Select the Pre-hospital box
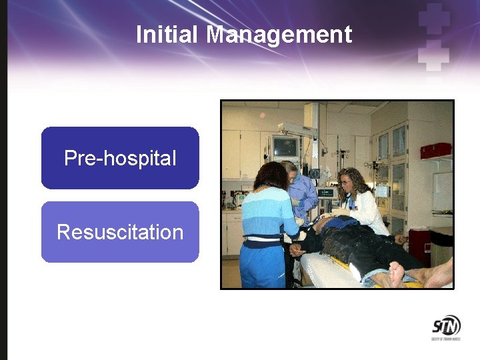[x=120, y=158]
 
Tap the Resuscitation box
[x=120, y=232]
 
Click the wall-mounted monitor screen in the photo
[x=285, y=146]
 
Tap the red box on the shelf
[x=435, y=151]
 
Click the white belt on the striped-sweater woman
[x=263, y=239]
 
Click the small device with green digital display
[x=326, y=193]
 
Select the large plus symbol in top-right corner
[x=435, y=20]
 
